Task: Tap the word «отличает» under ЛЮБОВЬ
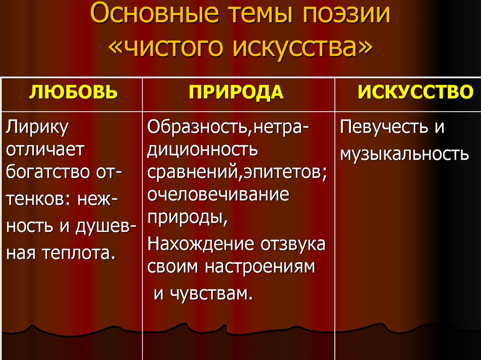point(46,150)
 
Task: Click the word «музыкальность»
point(404,153)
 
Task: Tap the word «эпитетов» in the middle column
point(284,173)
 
